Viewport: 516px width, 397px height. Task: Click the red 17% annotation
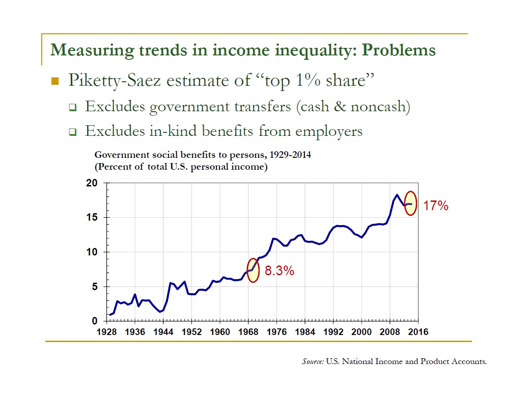pos(435,206)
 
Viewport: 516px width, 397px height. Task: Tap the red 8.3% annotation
pos(279,271)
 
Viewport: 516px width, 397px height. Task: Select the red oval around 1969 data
pos(253,270)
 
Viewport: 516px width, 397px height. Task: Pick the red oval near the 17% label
pos(410,203)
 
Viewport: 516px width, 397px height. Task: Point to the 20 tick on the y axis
pos(91,183)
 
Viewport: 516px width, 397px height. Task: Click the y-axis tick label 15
pos(91,218)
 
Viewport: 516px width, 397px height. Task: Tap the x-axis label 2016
pos(418,332)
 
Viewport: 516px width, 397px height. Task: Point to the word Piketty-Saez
pos(113,81)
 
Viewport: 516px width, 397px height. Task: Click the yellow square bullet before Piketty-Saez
pos(55,81)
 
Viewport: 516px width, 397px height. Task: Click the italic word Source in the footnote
pos(312,361)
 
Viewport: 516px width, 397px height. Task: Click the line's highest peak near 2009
pos(397,195)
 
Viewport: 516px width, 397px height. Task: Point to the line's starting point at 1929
pos(110,315)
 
